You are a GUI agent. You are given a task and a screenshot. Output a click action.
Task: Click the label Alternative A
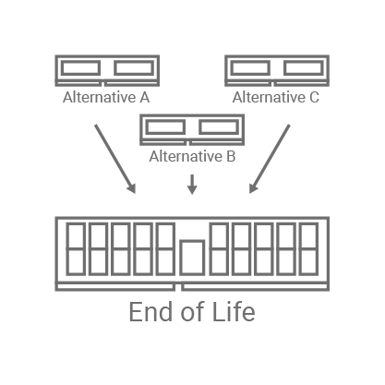[x=106, y=98]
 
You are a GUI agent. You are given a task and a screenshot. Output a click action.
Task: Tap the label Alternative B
[x=192, y=156]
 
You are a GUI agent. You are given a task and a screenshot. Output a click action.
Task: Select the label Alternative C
[x=276, y=98]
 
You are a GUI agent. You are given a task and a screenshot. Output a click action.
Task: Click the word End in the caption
[x=150, y=312]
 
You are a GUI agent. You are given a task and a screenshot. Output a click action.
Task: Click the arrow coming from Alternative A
[x=115, y=159]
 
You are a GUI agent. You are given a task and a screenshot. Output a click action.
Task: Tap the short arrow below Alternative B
[x=192, y=185]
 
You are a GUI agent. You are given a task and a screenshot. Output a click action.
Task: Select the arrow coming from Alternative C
[x=270, y=159]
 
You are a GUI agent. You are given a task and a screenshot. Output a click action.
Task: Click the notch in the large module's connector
[x=178, y=287]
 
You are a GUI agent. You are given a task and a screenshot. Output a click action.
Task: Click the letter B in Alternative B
[x=231, y=156]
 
